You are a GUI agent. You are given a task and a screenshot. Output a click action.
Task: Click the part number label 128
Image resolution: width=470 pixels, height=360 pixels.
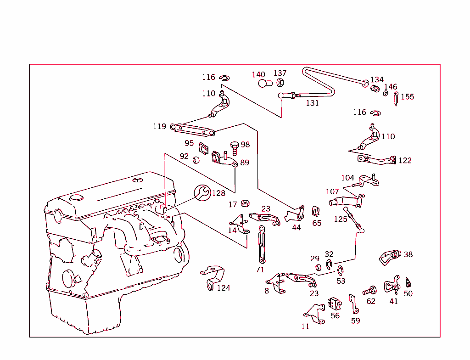click(218, 193)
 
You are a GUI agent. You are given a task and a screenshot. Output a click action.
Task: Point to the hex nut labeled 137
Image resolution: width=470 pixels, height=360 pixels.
click(281, 82)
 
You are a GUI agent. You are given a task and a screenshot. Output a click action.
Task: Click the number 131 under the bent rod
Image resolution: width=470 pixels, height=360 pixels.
click(312, 103)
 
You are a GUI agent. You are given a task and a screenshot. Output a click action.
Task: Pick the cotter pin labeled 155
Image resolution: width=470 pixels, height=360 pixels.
click(396, 97)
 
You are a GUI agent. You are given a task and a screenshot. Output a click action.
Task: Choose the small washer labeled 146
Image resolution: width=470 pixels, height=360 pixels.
click(386, 94)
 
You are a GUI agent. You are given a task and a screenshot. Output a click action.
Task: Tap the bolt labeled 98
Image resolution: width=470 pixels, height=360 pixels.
click(235, 147)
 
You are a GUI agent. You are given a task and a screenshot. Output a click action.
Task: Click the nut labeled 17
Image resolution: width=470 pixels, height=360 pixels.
click(245, 203)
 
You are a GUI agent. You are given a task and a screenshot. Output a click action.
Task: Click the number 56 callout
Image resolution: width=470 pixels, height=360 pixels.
click(335, 316)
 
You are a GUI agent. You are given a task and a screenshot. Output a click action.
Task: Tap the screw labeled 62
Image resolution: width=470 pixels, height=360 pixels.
click(369, 290)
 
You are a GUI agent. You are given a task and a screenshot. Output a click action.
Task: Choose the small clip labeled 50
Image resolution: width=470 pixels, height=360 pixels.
click(408, 282)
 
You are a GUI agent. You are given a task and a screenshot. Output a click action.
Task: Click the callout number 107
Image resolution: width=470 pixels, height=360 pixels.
click(332, 191)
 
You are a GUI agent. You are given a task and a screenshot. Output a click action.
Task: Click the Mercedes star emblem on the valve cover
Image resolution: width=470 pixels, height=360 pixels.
click(136, 180)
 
